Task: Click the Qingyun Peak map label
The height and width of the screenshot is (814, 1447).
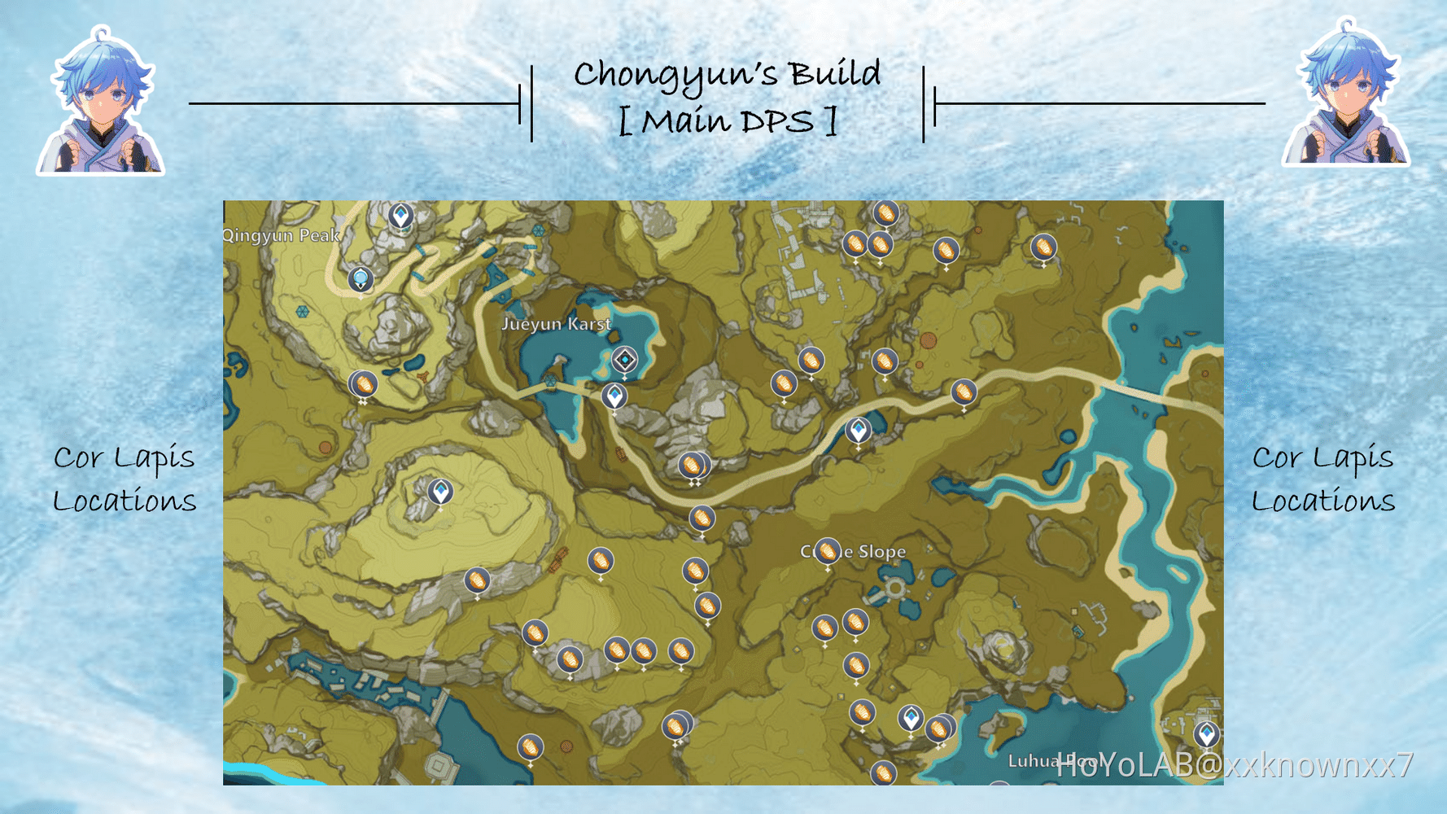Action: click(282, 235)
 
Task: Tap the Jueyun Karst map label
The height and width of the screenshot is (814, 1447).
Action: click(556, 324)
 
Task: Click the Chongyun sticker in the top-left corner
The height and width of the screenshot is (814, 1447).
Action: click(100, 102)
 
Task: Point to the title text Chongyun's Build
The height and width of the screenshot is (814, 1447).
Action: click(727, 74)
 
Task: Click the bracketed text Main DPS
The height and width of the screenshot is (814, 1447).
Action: click(727, 122)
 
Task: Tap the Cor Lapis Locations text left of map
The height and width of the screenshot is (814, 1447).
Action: click(125, 479)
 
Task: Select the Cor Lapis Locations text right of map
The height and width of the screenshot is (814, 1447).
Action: click(1322, 479)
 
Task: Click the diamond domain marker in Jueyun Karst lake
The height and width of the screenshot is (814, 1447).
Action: click(624, 360)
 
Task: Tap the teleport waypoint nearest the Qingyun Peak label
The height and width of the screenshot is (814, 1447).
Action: click(400, 216)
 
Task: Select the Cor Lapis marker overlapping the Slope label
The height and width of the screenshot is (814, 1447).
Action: click(828, 552)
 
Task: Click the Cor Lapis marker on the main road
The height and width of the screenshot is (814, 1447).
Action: click(964, 392)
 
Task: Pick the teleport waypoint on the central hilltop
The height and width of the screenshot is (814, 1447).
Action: click(440, 492)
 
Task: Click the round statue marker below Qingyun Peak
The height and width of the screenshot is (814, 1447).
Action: click(361, 279)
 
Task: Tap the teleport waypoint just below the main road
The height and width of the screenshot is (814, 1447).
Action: click(858, 430)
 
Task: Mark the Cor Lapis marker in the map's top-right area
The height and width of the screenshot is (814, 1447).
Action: click(1043, 247)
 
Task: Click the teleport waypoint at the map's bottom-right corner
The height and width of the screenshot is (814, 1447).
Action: click(1206, 733)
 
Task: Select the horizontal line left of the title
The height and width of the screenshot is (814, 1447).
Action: click(354, 103)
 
